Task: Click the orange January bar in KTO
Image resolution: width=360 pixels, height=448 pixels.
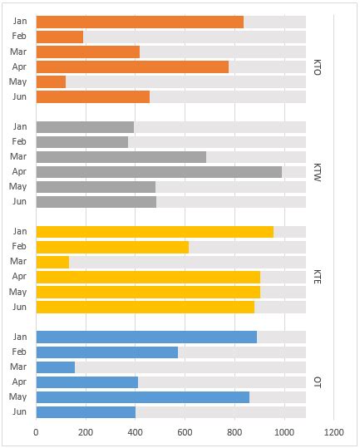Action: pos(140,22)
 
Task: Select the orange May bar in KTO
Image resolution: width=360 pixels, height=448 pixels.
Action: pos(52,81)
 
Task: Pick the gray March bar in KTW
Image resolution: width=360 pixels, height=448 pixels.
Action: pos(121,156)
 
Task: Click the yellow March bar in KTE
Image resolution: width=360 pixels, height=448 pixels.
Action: pos(52,262)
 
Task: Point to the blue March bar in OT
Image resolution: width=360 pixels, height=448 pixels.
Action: pos(56,367)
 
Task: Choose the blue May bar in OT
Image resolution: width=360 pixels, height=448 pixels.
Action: pos(143,397)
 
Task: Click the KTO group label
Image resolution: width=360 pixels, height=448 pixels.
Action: pos(318,66)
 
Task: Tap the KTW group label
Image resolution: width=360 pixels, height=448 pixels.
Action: pos(318,171)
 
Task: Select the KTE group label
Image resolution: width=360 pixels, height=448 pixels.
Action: pos(318,277)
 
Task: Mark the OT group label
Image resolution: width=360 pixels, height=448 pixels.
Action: pos(318,382)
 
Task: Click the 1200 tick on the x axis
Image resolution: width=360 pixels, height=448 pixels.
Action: pos(334,432)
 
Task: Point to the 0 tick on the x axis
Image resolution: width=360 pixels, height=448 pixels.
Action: pos(37,432)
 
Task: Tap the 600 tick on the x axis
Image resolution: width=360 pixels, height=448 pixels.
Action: pos(185,432)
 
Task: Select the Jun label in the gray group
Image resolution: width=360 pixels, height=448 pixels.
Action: pos(20,202)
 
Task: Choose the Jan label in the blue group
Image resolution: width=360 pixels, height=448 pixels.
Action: pos(20,337)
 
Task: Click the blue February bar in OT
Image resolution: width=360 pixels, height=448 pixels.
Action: pos(107,352)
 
